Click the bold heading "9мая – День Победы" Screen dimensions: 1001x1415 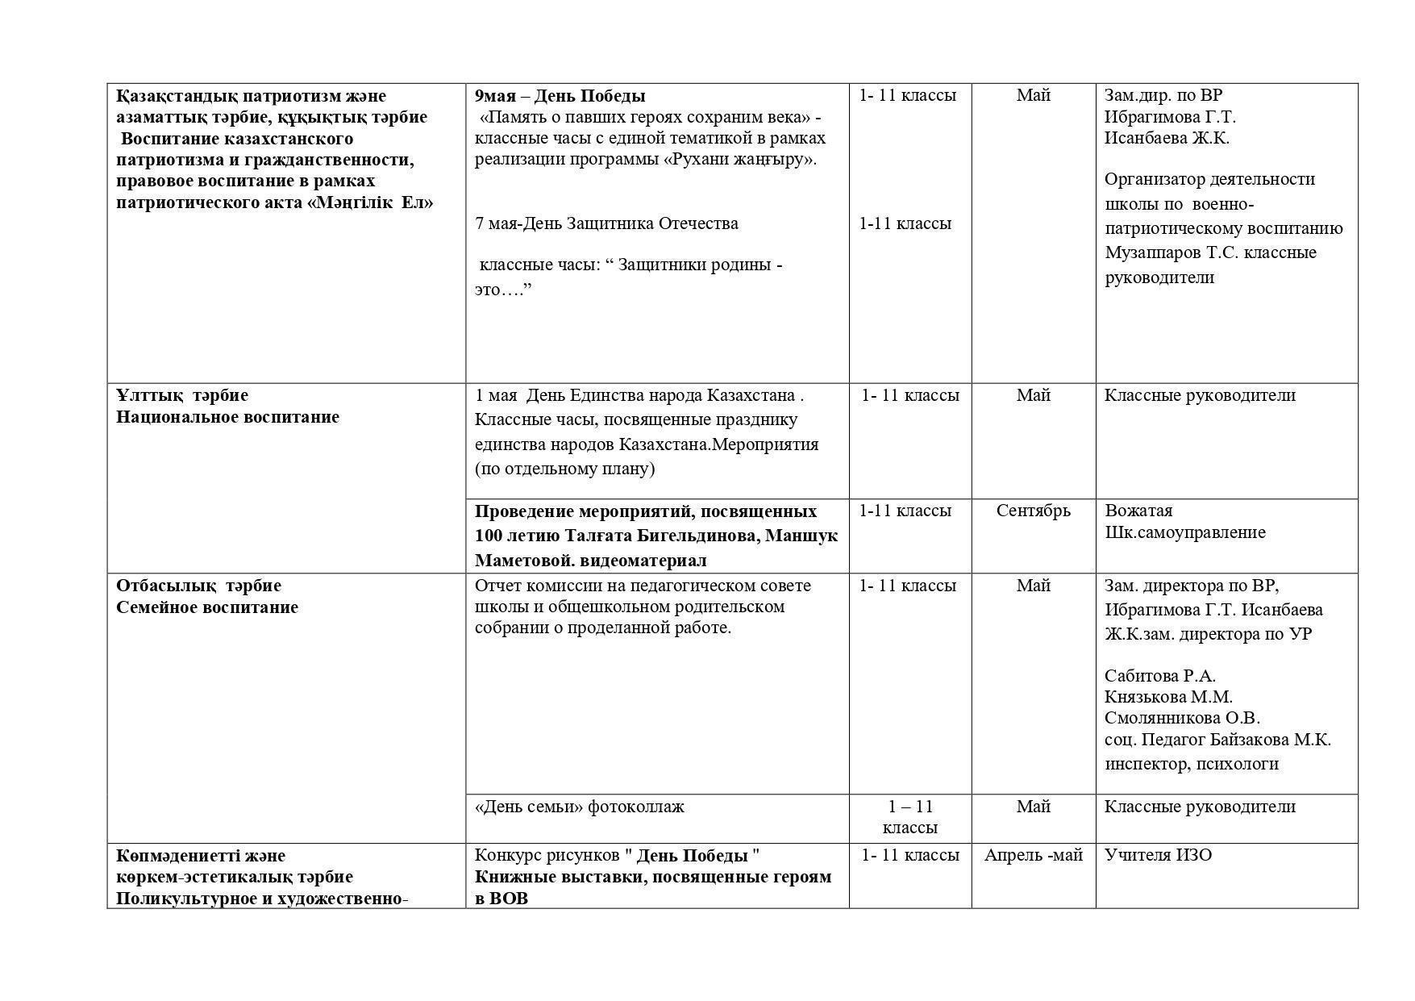[560, 96]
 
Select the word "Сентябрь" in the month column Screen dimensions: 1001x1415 [1033, 511]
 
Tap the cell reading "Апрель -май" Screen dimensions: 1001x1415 [1033, 855]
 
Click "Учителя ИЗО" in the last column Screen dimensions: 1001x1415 [1158, 855]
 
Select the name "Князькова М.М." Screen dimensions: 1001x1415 [1168, 697]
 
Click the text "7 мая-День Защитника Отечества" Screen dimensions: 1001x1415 [606, 223]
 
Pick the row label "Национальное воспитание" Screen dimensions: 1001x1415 [227, 417]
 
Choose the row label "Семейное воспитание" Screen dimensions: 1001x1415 [207, 607]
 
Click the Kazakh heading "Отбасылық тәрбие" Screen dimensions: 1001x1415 [198, 586]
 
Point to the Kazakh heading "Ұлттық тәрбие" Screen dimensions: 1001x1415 [182, 395]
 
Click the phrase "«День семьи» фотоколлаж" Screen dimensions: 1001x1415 [579, 807]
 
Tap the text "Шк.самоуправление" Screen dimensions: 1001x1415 [1184, 532]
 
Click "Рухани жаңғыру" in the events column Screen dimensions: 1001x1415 [739, 159]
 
